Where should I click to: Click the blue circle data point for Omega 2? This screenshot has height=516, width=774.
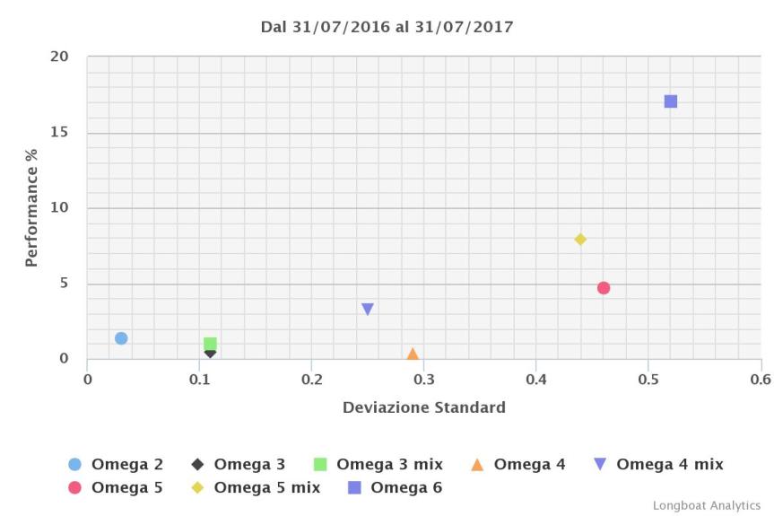click(121, 338)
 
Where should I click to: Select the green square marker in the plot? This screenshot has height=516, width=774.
click(210, 344)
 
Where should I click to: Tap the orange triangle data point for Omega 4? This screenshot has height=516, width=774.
click(413, 354)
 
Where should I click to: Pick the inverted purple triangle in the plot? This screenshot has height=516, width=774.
click(368, 310)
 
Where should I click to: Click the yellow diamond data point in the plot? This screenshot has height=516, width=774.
click(580, 240)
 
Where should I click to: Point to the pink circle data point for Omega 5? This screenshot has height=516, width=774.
click(604, 288)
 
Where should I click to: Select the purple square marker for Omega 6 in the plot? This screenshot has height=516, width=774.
click(671, 101)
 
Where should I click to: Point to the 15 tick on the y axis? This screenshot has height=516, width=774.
click(59, 133)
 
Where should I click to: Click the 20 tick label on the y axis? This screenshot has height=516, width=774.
click(59, 57)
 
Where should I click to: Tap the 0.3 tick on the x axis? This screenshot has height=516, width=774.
click(423, 378)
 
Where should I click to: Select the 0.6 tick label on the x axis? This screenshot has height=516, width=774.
click(760, 378)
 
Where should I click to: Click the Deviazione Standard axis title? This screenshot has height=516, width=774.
click(423, 407)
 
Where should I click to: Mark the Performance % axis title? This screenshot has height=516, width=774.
click(32, 208)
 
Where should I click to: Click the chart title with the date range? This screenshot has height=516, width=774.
click(387, 27)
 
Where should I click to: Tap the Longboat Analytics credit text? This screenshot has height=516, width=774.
click(706, 505)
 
